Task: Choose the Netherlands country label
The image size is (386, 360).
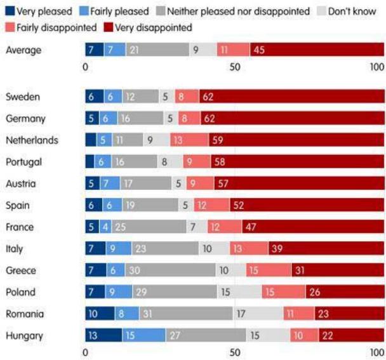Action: tap(32, 140)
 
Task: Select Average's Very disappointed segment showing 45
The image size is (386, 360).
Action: tap(316, 50)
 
